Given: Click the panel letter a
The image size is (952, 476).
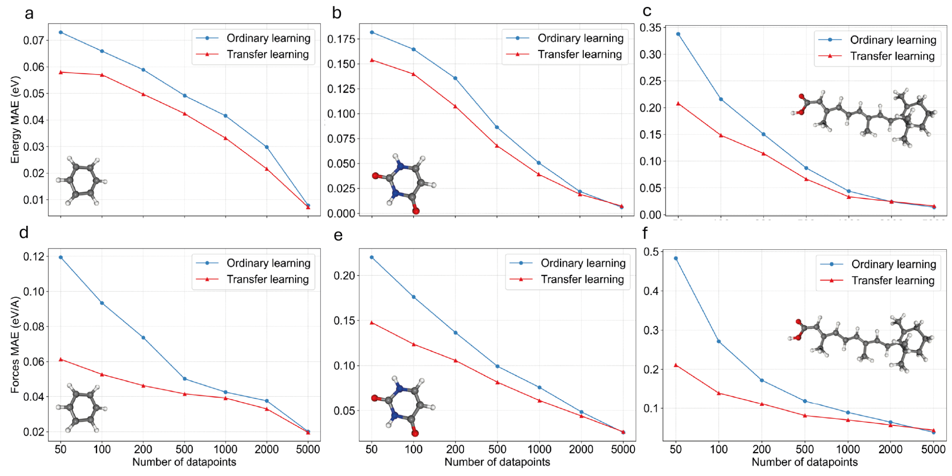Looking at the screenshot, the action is (x=29, y=14).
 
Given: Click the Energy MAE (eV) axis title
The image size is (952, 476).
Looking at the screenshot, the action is (x=15, y=120).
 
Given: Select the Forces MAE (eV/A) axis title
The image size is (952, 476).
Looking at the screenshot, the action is (x=15, y=344).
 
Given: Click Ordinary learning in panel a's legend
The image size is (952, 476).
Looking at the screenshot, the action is (x=268, y=38).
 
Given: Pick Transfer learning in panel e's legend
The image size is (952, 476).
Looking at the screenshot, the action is (x=582, y=279).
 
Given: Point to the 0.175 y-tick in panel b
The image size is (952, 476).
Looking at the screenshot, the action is (x=341, y=39).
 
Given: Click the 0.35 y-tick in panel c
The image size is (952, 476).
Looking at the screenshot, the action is (x=650, y=28).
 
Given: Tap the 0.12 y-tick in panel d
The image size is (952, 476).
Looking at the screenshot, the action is (x=34, y=257).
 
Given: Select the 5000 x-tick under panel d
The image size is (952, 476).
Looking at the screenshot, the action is (x=308, y=449).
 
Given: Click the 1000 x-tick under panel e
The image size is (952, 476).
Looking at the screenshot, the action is (x=539, y=449).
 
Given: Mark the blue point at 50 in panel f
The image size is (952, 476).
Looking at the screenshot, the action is (x=676, y=258).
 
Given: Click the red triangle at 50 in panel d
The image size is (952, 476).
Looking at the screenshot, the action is (x=61, y=359).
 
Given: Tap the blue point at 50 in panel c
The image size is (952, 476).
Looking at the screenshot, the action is (x=678, y=34).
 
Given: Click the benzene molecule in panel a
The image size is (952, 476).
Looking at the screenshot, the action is (x=82, y=181).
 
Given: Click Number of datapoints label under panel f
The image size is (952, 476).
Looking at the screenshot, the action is (x=804, y=462).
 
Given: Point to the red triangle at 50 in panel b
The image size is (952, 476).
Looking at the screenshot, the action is (x=372, y=60).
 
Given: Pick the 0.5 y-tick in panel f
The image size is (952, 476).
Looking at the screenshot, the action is (x=651, y=251).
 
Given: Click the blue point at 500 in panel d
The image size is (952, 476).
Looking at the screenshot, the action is (x=185, y=379).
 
